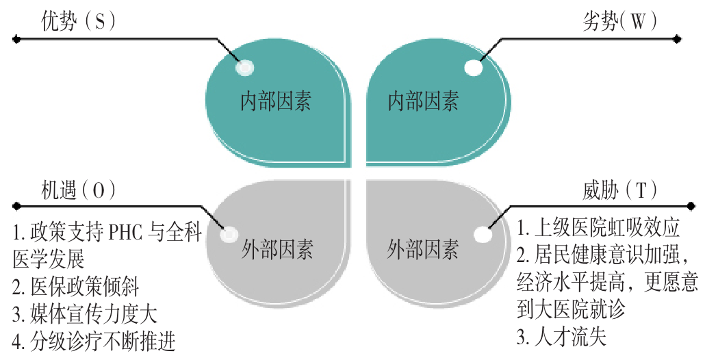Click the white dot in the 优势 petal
244,68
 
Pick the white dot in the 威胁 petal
483,234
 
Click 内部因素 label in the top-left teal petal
276,102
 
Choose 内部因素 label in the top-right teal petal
424,102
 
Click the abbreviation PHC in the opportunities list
127,234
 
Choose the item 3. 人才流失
561,337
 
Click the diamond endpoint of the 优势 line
16,39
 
